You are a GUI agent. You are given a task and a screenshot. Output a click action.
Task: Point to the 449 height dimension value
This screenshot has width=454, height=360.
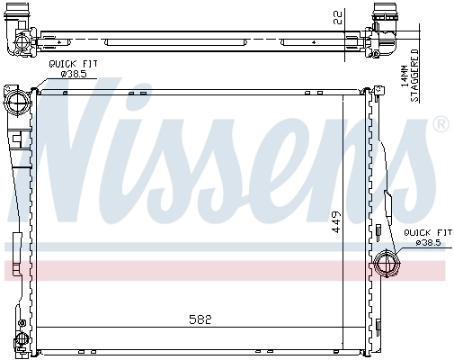[335, 222]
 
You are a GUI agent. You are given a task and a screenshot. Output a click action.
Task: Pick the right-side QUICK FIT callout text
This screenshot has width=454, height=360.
[422, 231]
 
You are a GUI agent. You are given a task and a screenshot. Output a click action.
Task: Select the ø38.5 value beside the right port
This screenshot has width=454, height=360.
[424, 241]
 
